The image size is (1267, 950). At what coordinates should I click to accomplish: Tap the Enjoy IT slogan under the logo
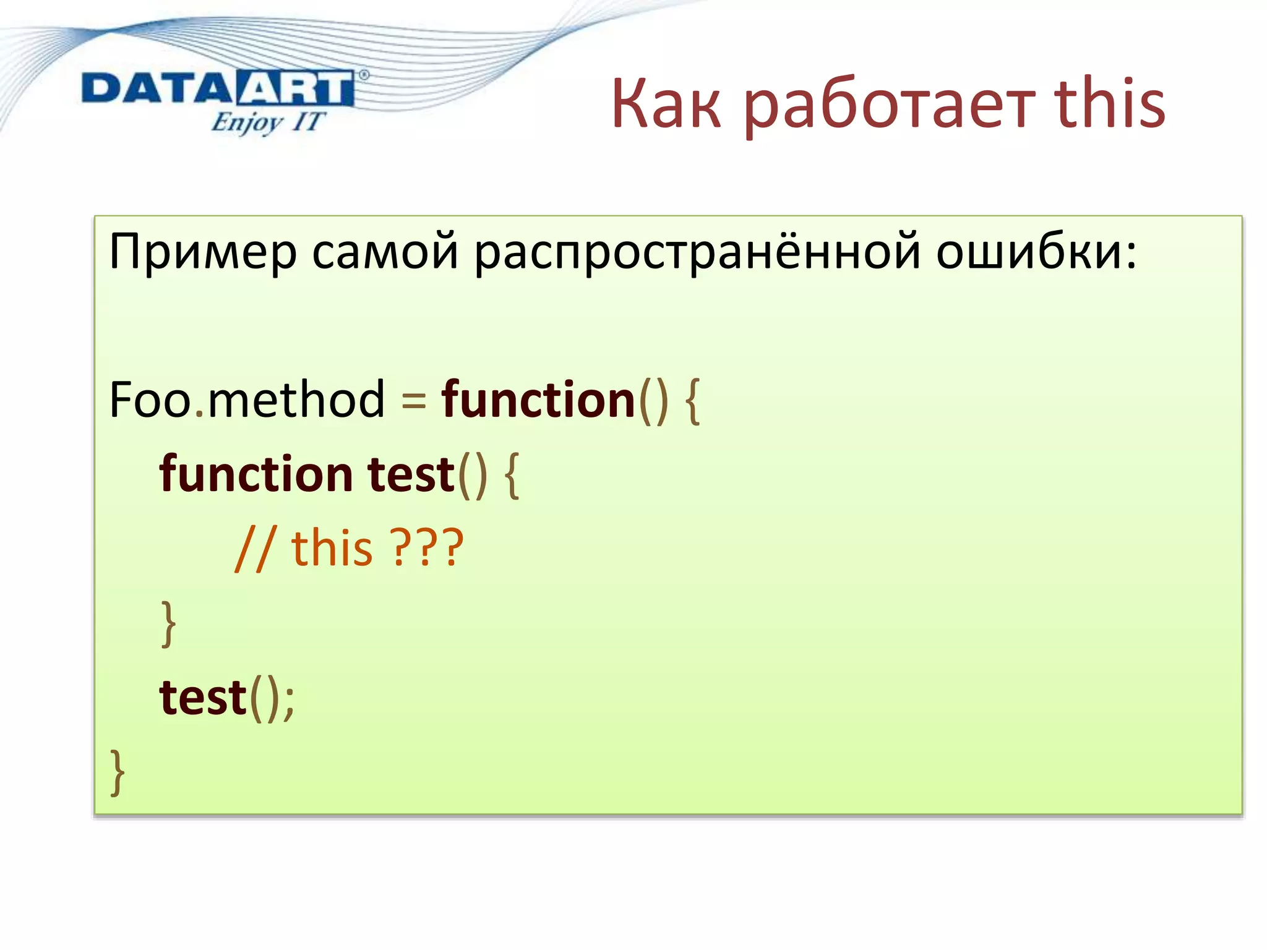267,122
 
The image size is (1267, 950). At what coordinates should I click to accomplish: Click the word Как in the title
666,105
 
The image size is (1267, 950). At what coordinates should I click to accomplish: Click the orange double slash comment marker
254,549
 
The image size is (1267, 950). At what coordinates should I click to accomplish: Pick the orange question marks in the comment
426,548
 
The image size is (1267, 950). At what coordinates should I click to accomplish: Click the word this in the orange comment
332,548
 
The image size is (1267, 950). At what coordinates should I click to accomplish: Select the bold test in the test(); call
203,698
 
